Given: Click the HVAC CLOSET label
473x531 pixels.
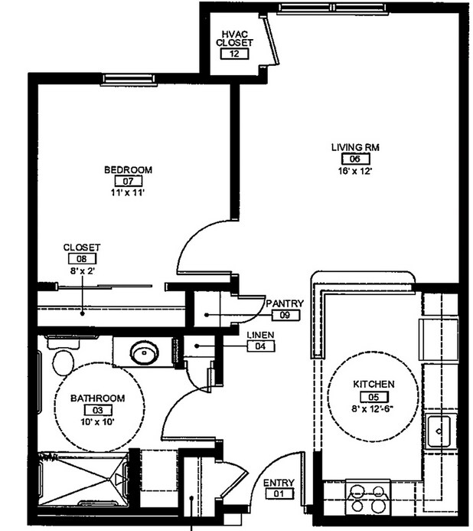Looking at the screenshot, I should point(233,38).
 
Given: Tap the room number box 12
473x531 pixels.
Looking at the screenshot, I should point(233,54).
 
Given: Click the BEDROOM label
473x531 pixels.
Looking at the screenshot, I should point(128,169).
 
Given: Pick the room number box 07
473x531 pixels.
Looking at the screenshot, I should point(128,182).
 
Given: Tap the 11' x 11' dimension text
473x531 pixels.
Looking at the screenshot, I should point(128,193).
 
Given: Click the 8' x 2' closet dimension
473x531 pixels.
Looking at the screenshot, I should point(81,270).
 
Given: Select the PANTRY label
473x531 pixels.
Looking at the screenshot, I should point(285,303).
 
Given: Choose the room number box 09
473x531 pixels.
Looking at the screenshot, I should point(285,315).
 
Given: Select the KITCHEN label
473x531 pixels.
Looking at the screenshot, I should point(374,384).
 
